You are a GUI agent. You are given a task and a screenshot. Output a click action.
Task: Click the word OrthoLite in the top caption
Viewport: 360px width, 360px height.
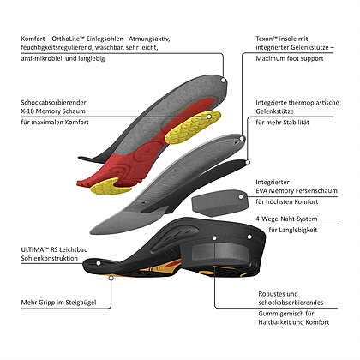[66, 39]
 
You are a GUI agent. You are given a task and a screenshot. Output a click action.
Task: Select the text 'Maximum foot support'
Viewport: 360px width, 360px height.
[290, 58]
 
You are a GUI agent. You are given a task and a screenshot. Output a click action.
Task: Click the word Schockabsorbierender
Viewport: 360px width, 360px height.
[53, 102]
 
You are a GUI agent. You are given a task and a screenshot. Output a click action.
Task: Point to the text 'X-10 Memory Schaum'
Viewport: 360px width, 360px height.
[53, 111]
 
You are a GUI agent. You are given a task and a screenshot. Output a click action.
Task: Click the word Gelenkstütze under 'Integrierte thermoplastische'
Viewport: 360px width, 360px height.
[274, 111]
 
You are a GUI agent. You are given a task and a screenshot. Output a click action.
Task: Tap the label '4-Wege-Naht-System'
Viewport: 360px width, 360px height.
[286, 219]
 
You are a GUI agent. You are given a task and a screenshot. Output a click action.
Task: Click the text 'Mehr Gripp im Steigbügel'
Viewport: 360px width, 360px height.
[58, 303]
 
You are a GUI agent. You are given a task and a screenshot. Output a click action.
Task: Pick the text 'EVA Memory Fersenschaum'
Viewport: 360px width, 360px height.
[297, 190]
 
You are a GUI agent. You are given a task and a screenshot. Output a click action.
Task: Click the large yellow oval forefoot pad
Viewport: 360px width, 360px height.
[193, 127]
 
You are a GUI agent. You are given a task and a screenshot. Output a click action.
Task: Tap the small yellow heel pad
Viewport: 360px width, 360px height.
[110, 187]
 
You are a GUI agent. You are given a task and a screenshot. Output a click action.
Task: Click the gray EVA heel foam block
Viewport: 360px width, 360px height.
[218, 202]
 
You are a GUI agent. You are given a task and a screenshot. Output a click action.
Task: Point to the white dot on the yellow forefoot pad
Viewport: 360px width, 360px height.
[209, 117]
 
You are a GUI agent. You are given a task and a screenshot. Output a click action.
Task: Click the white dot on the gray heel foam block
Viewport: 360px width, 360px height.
[241, 196]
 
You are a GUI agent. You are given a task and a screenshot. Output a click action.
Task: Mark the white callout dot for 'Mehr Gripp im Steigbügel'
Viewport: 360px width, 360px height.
[111, 278]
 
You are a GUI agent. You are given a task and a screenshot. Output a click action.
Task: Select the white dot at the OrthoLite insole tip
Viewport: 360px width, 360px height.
[224, 81]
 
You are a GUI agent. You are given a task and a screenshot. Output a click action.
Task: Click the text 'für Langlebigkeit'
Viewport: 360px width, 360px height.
[293, 230]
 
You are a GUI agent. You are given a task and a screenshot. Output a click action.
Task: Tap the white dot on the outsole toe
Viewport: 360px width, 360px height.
[98, 263]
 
